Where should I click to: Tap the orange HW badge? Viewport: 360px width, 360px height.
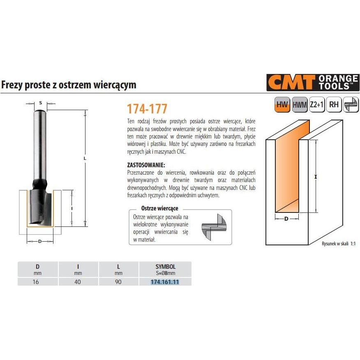pyautogui.click(x=282, y=105)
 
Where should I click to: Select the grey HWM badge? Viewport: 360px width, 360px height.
pyautogui.click(x=300, y=105)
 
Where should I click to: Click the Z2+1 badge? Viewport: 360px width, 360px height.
pyautogui.click(x=317, y=105)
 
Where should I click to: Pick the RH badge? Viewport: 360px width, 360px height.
pyautogui.click(x=334, y=105)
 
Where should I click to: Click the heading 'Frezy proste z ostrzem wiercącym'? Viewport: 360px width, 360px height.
pyautogui.click(x=69, y=85)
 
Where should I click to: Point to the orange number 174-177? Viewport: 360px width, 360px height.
pyautogui.click(x=147, y=109)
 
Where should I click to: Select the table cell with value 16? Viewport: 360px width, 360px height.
pyautogui.click(x=36, y=282)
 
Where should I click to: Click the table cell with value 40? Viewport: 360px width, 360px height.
pyautogui.click(x=78, y=282)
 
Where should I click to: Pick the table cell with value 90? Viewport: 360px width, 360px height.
pyautogui.click(x=118, y=282)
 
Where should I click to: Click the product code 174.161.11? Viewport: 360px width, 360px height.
pyautogui.click(x=165, y=282)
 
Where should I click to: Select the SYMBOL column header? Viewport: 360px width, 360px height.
pyautogui.click(x=165, y=267)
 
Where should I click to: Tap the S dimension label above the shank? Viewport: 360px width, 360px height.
pyautogui.click(x=40, y=103)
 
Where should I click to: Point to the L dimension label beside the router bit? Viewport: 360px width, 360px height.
pyautogui.click(x=85, y=158)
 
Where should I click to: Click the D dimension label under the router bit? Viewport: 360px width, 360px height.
pyautogui.click(x=40, y=241)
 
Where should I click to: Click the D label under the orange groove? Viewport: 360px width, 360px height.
pyautogui.click(x=286, y=219)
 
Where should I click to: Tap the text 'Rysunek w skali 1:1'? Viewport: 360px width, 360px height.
pyautogui.click(x=338, y=243)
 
